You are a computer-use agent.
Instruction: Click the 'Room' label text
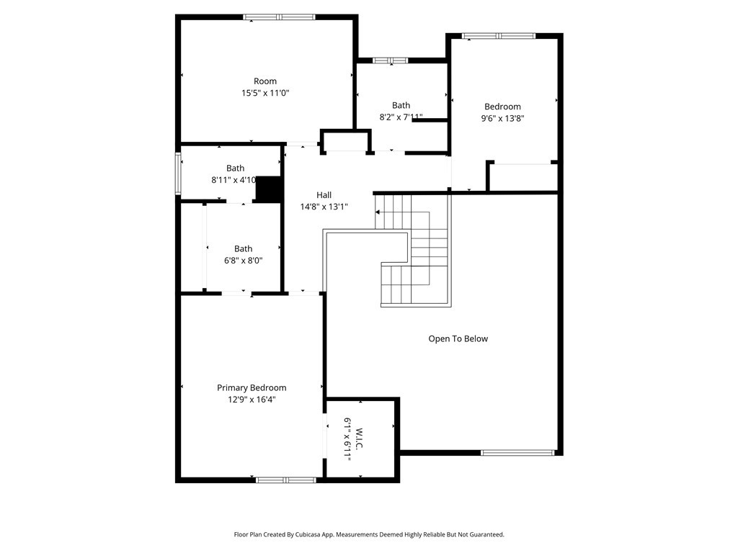(265, 81)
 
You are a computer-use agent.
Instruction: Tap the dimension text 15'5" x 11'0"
(265, 93)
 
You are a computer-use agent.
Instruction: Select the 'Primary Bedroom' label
(252, 388)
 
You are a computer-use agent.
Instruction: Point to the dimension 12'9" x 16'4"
(252, 400)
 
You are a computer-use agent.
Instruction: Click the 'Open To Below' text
(458, 338)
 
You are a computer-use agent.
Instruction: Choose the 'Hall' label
(324, 194)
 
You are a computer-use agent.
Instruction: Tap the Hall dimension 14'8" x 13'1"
(324, 207)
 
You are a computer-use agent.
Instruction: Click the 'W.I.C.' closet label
(359, 439)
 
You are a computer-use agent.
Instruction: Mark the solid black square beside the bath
(268, 189)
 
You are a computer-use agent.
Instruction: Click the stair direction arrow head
(378, 212)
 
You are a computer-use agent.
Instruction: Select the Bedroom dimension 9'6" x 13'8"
(502, 119)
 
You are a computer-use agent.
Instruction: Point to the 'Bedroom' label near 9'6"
(502, 107)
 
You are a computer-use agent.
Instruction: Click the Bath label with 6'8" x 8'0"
(244, 248)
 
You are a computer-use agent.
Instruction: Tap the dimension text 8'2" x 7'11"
(401, 117)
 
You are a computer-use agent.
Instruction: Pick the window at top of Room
(279, 17)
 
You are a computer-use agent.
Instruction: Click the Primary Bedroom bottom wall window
(286, 480)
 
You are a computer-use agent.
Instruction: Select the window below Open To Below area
(517, 453)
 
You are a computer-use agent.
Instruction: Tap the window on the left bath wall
(178, 174)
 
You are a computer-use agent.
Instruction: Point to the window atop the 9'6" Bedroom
(499, 36)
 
